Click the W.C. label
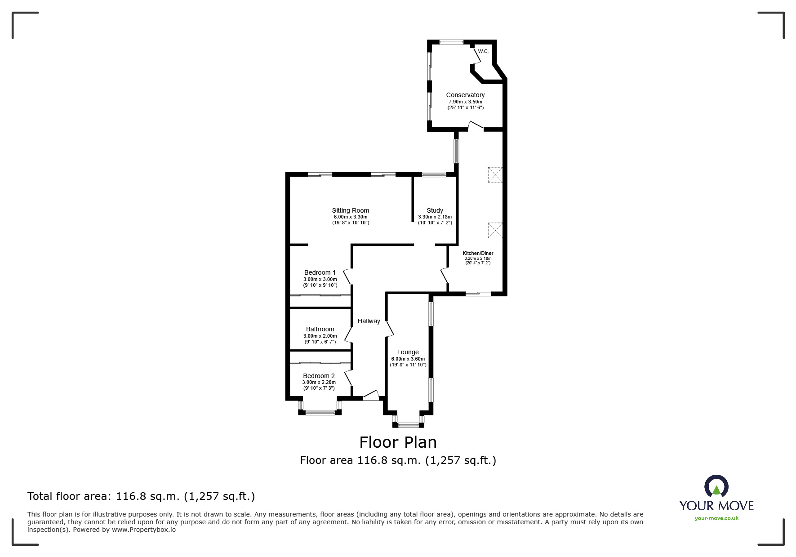click(483, 51)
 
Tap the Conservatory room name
click(465, 95)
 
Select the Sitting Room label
click(351, 210)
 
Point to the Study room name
click(435, 210)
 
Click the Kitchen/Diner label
click(478, 253)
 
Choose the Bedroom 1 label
click(320, 272)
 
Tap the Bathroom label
click(320, 329)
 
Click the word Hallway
click(369, 321)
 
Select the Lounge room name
click(408, 352)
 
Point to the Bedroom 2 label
click(319, 376)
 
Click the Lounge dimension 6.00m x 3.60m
click(408, 359)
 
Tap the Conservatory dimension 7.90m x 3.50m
click(465, 102)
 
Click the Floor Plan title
click(398, 442)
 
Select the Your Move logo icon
click(716, 486)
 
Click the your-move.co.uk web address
click(716, 518)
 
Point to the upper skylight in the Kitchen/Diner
click(495, 174)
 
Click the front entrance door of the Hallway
click(371, 395)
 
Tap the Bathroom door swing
click(348, 334)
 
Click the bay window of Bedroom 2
click(320, 408)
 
